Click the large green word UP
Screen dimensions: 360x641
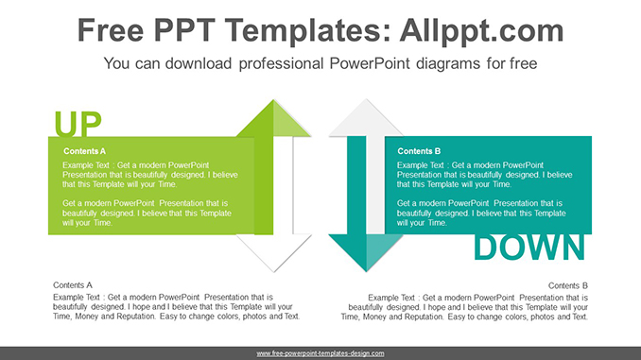point(78,124)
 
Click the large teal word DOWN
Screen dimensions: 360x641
point(528,247)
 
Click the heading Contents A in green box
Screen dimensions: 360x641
point(85,151)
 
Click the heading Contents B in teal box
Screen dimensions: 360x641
point(419,151)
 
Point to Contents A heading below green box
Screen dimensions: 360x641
point(73,284)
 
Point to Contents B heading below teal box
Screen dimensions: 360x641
point(568,284)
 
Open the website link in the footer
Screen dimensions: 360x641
point(320,352)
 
